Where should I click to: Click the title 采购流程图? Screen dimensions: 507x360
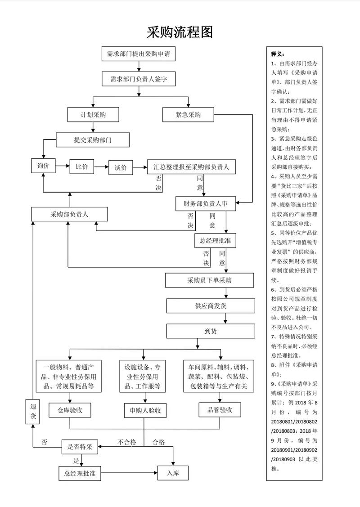pyautogui.click(x=180, y=32)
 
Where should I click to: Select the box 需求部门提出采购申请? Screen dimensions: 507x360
pyautogui.click(x=138, y=54)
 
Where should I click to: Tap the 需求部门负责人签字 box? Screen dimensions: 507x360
pyautogui.click(x=138, y=79)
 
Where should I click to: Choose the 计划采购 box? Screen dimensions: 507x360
pyautogui.click(x=93, y=115)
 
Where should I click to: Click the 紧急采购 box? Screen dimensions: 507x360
pyautogui.click(x=188, y=115)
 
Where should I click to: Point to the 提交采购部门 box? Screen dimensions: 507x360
pyautogui.click(x=93, y=140)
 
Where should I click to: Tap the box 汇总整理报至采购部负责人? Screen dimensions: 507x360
pyautogui.click(x=191, y=167)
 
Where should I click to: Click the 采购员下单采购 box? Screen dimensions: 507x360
pyautogui.click(x=210, y=280)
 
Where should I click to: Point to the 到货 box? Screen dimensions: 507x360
pyautogui.click(x=211, y=331)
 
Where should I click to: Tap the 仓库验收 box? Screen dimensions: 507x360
pyautogui.click(x=70, y=410)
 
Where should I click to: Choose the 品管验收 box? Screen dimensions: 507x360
pyautogui.click(x=220, y=409)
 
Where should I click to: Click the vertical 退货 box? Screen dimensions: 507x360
pyautogui.click(x=33, y=411)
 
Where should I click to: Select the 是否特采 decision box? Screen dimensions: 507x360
pyautogui.click(x=80, y=446)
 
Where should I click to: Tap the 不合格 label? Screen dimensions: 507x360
pyautogui.click(x=127, y=442)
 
